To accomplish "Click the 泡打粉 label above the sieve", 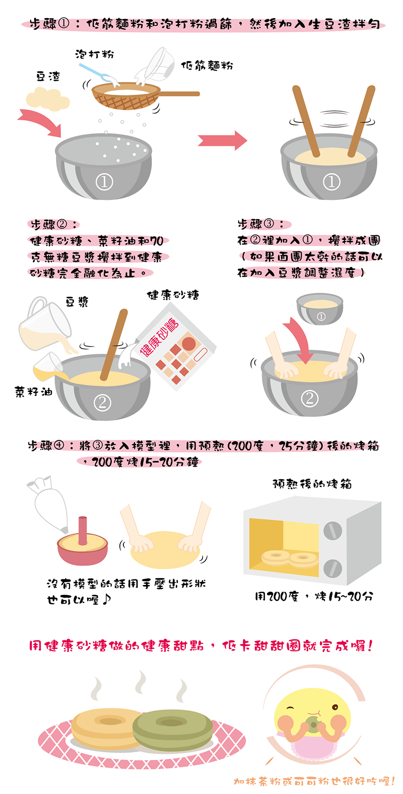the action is pos(94,54).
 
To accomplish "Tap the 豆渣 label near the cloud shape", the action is pos(48,76).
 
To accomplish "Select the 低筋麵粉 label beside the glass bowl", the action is pos(207,65).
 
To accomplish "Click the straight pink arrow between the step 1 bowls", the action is pos(222,141).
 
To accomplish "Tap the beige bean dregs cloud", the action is pos(48,99).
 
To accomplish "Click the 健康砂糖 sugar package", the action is pos(175,346).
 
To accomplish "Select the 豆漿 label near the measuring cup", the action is pos(77,302).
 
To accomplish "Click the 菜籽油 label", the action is pos(34,391).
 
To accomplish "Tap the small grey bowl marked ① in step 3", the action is pos(320,309).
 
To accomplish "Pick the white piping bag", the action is pos(48,504).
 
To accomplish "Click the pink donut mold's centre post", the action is pos(83,531).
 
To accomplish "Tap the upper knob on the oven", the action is pos(332,531).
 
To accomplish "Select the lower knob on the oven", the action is pos(332,568).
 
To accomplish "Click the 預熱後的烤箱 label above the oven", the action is pos(312,484).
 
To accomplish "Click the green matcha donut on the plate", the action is pos(173,730).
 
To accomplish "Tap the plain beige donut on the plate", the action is pos(106,729).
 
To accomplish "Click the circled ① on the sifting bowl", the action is pos(104,182).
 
